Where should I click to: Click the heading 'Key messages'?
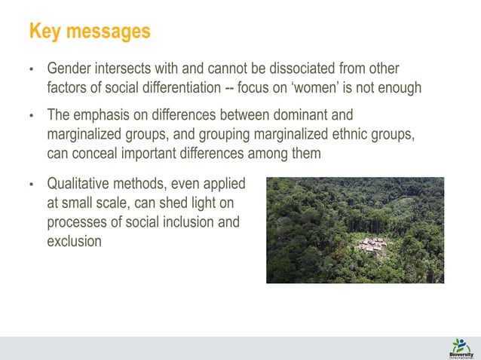click(89, 32)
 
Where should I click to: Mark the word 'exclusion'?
click(74, 241)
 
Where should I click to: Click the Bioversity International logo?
click(461, 347)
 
